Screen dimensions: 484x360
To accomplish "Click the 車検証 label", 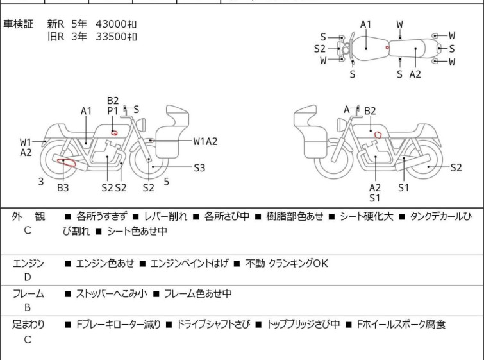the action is point(18,24).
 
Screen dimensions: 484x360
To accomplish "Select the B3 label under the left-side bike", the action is point(63,187).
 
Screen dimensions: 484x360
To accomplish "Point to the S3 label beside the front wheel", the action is point(199,167).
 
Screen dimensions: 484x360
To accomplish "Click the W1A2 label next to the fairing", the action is point(205,141).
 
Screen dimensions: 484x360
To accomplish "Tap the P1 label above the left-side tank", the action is point(113,110).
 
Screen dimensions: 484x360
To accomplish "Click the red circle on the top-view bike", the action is point(387,47).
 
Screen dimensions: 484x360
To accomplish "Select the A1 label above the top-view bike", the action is point(365,24).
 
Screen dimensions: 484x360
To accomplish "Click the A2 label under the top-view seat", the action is point(415,74).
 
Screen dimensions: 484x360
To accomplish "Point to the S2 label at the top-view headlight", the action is point(319,49).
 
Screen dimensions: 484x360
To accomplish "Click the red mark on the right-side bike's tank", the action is point(378,135).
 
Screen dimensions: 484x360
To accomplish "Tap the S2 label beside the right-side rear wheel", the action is point(456,167).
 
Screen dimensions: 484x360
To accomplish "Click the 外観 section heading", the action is point(28,217).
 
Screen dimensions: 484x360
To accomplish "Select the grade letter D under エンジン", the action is point(28,277).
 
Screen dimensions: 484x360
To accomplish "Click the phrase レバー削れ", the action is point(165,216).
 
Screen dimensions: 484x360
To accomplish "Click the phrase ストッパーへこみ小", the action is point(112,293).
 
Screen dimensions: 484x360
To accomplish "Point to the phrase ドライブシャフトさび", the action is point(213,324).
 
